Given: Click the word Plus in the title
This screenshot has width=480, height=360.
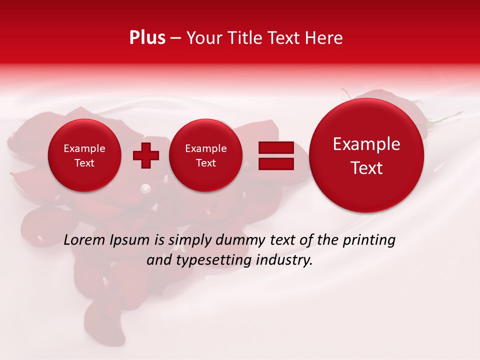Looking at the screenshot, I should coord(147,38).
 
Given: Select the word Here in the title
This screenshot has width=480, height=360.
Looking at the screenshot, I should coord(324,38).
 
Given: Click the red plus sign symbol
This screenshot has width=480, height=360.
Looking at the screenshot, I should coord(145,155).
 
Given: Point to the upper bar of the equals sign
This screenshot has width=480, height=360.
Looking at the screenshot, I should coord(276,147).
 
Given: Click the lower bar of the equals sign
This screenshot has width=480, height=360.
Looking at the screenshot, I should coord(276,164).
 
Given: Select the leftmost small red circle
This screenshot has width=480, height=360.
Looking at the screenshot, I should coord(84,155).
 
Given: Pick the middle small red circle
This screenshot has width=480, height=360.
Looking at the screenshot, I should coord(205,155).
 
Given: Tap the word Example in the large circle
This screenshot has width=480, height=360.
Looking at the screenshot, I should coord(366,144).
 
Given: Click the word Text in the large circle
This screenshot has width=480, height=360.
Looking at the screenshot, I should coord(366,168).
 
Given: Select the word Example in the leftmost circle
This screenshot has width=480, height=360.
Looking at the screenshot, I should coord(84,148).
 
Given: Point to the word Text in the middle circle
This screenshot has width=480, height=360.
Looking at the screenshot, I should coord(205,163).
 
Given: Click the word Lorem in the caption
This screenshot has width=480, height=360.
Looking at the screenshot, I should coord(83,240).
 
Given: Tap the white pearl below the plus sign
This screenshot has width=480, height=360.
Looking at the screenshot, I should coord(145,188).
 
